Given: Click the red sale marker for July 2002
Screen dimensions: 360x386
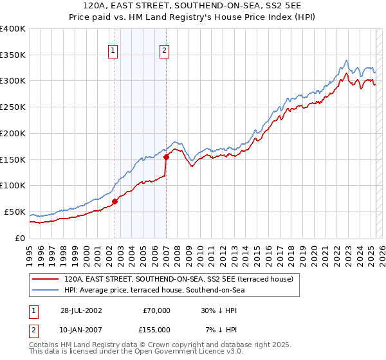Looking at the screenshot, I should pyautogui.click(x=115, y=201).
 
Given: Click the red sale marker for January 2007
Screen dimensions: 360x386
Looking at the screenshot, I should pyautogui.click(x=166, y=156).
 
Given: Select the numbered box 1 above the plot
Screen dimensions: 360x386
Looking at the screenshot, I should pyautogui.click(x=113, y=51).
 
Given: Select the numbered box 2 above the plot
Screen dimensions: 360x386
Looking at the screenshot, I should pyautogui.click(x=164, y=51).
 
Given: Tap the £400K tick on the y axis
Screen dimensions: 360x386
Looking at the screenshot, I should pyautogui.click(x=13, y=29).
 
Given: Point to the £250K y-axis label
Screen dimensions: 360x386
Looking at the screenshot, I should pyautogui.click(x=13, y=107).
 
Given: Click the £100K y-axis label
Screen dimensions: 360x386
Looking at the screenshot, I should pyautogui.click(x=13, y=186).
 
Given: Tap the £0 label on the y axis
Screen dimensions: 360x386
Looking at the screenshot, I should pyautogui.click(x=20, y=238).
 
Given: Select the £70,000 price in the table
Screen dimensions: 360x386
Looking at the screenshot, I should pyautogui.click(x=156, y=310).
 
